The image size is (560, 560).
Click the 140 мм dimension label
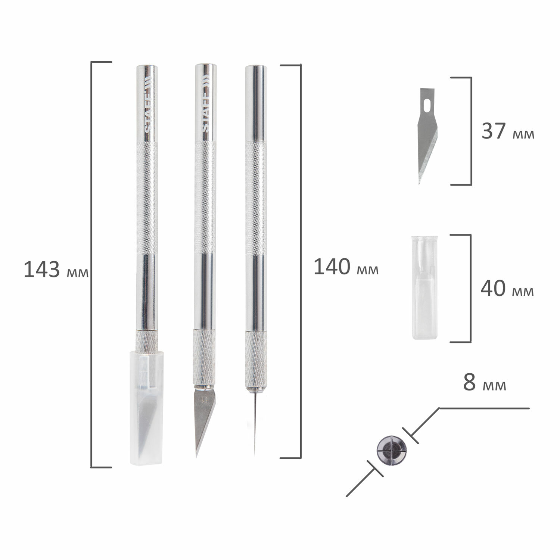tap(346, 267)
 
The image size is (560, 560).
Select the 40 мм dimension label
tap(507, 289)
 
